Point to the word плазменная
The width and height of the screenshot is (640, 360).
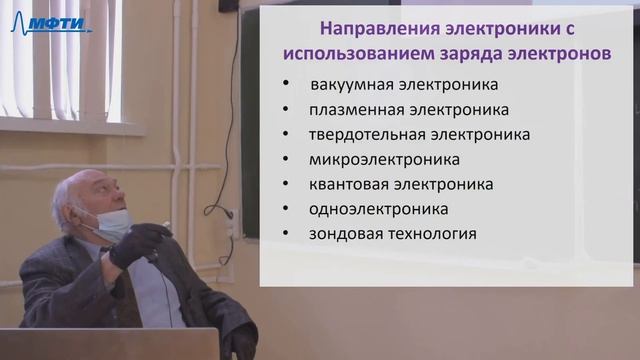point(352,110)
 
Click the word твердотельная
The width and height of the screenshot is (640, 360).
point(364,134)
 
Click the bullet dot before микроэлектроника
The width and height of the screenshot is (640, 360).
point(287,160)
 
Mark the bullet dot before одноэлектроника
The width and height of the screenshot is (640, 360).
point(287,210)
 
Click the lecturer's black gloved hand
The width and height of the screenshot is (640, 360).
point(135,245)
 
